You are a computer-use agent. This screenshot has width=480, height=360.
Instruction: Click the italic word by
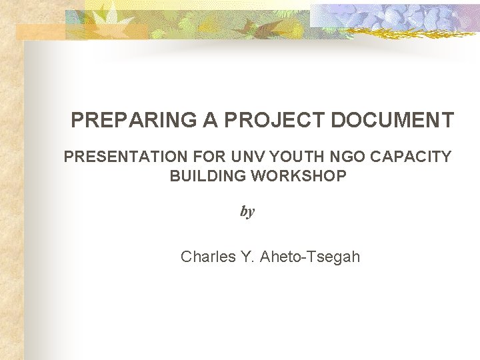247,212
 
